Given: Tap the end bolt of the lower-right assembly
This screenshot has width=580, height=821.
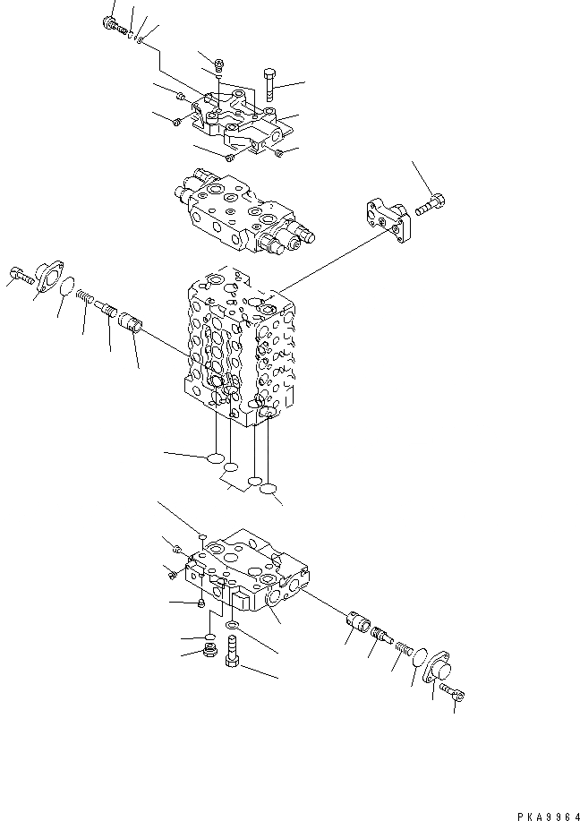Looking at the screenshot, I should point(451,693).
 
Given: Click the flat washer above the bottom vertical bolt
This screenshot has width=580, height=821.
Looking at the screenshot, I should point(232,626).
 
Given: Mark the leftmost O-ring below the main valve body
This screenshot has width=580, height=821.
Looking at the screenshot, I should point(214,459).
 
